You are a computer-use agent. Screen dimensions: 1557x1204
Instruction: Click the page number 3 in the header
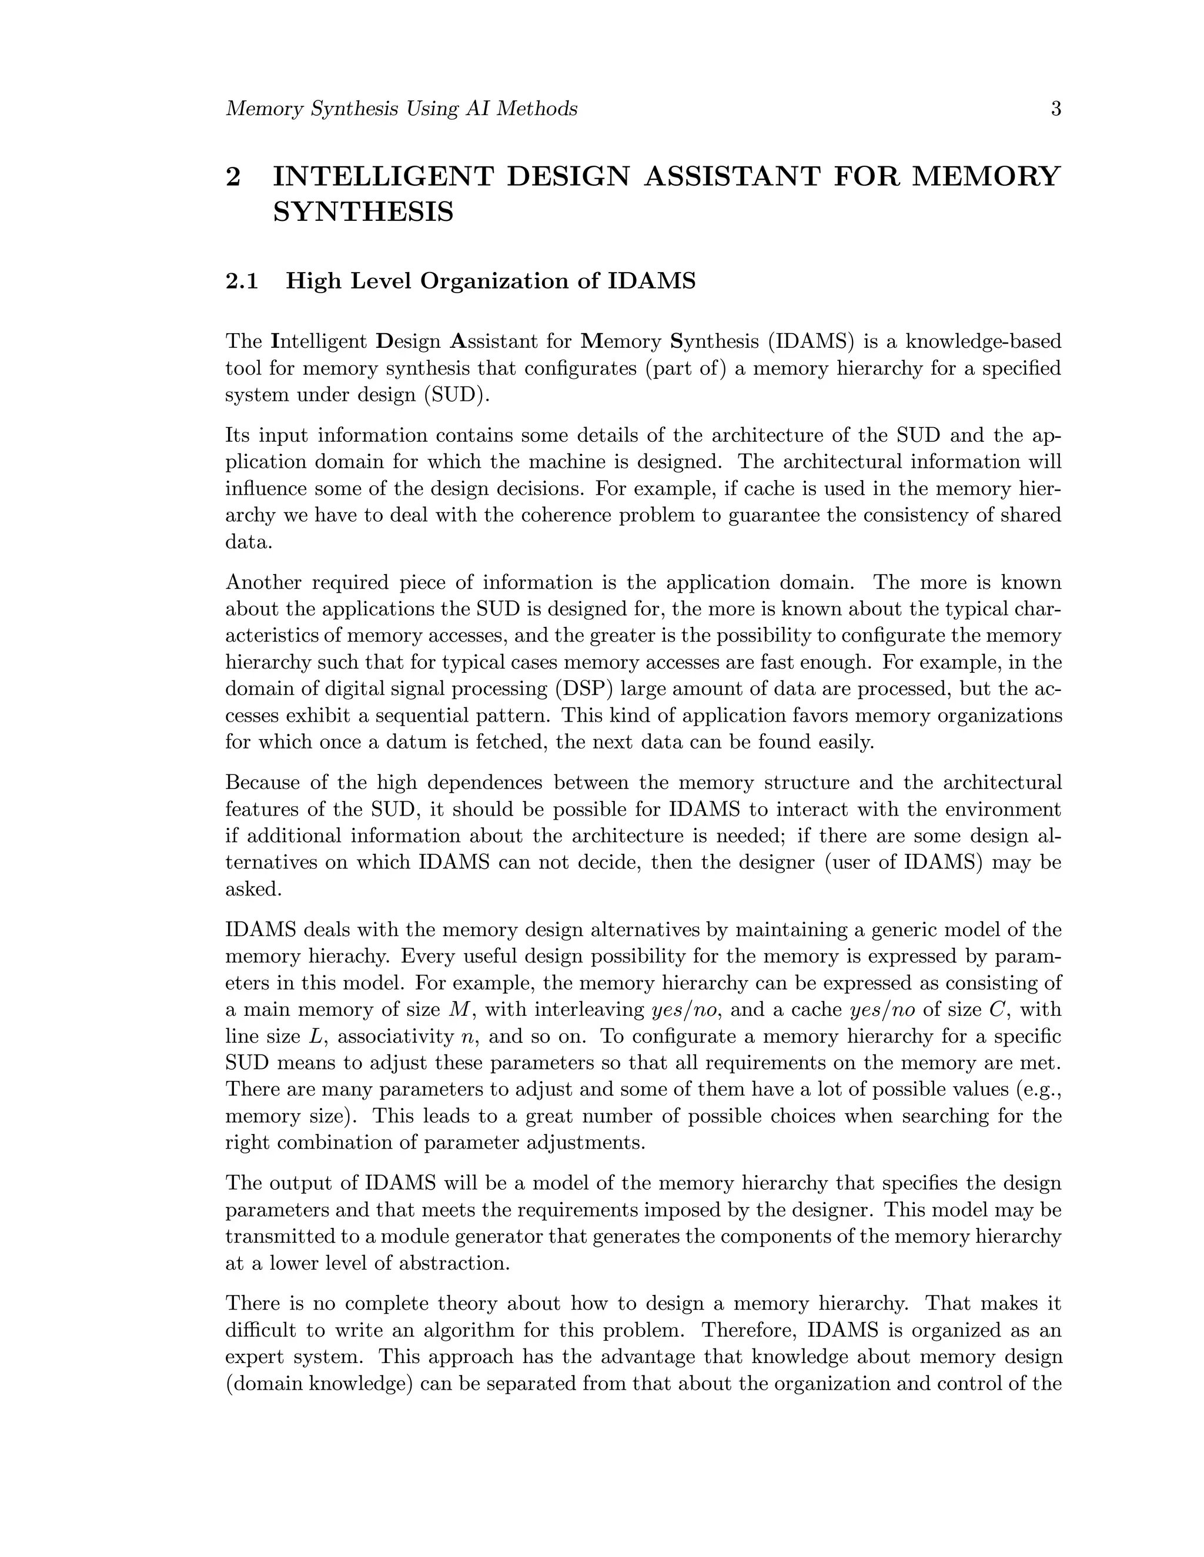point(1056,109)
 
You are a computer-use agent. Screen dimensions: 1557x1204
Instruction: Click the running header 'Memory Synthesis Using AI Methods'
point(401,109)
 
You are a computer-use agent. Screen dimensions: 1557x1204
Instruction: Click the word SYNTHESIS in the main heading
point(363,213)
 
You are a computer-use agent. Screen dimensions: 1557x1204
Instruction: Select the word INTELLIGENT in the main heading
point(383,176)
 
